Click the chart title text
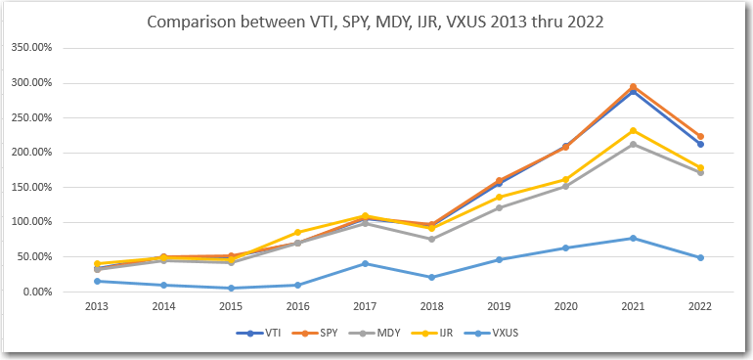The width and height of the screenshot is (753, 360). (376, 22)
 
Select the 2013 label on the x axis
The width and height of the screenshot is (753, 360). (95, 306)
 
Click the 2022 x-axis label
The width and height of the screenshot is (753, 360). (699, 306)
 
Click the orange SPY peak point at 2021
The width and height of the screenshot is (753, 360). (633, 87)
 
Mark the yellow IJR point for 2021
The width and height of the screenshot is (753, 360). (633, 130)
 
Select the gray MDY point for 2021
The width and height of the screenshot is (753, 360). (633, 144)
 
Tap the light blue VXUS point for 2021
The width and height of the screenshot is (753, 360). (633, 238)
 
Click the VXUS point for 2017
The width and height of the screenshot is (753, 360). (364, 263)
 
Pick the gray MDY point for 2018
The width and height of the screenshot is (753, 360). (431, 239)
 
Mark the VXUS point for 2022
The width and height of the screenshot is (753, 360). (700, 257)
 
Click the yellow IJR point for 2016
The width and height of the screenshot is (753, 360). (296, 232)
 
